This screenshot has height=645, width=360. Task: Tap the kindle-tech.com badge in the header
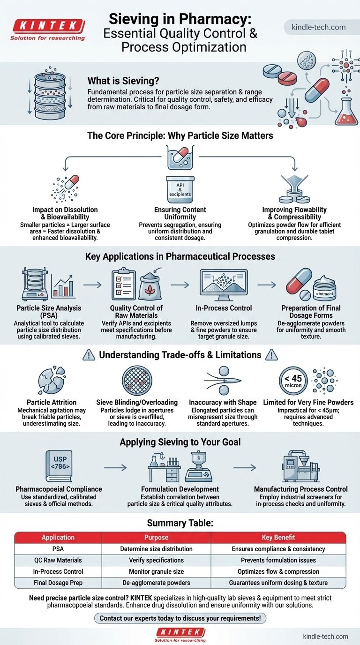click(319, 27)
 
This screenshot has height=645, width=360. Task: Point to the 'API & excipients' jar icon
click(180, 189)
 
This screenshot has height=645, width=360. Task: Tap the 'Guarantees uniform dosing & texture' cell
click(278, 583)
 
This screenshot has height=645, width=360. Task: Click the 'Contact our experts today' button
click(180, 618)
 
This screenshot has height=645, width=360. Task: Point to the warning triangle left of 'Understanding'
click(89, 355)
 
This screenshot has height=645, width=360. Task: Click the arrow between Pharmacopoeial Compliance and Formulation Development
click(115, 467)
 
